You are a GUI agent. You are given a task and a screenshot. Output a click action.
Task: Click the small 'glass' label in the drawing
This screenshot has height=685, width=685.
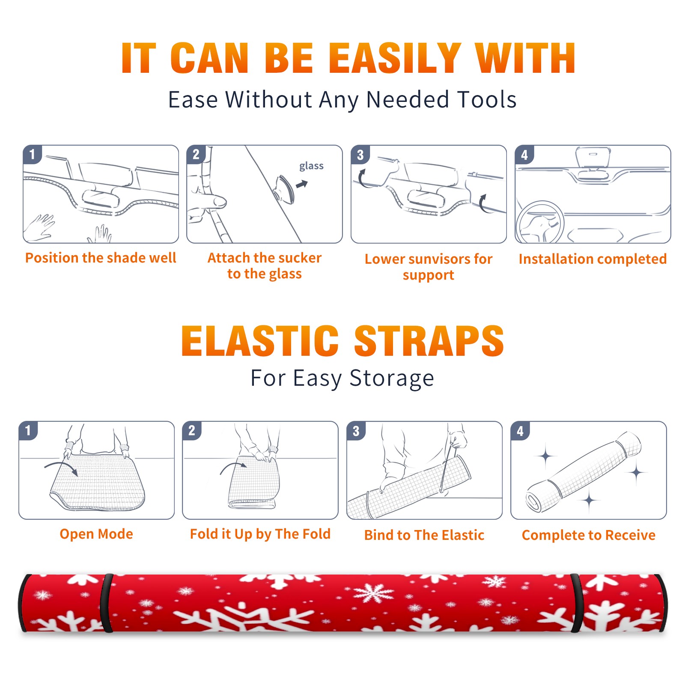point(311,166)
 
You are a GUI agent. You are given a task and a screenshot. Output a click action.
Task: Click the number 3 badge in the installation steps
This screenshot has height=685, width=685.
point(360,155)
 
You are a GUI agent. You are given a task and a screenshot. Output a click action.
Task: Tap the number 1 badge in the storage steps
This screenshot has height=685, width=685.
point(28,431)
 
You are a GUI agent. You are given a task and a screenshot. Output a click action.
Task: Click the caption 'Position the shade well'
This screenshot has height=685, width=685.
point(101,258)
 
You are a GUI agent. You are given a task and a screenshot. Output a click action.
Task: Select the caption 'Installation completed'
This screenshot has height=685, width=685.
point(593,259)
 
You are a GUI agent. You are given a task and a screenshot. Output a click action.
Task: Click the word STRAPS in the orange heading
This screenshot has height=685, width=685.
point(429,341)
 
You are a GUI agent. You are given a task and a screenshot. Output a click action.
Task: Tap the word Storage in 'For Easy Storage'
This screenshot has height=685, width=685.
point(392,378)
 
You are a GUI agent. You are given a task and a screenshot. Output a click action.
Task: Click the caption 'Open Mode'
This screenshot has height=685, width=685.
point(96,534)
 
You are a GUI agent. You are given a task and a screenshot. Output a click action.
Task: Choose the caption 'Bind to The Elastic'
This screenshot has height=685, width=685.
point(424,535)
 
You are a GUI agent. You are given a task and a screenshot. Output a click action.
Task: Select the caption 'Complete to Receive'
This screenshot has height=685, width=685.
point(589,535)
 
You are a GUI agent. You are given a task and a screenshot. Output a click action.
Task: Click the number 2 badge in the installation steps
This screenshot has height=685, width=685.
point(196,155)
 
